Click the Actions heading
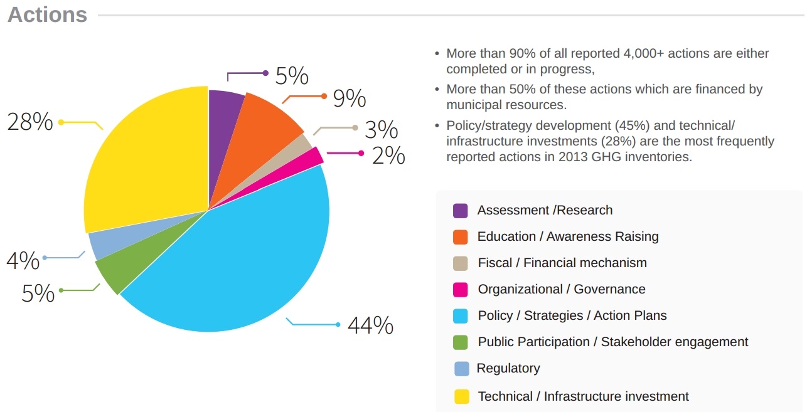(47, 14)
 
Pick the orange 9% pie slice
(267, 119)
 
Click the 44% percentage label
(370, 325)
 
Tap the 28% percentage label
(29, 122)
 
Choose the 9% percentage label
(349, 98)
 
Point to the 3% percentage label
(382, 130)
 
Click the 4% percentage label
(23, 260)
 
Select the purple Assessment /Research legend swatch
(460, 211)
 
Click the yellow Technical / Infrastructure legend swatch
(461, 396)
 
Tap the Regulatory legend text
(508, 368)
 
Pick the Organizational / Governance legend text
(561, 289)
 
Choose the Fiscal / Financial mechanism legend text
(562, 263)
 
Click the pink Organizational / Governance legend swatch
(460, 290)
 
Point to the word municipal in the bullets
(479, 105)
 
